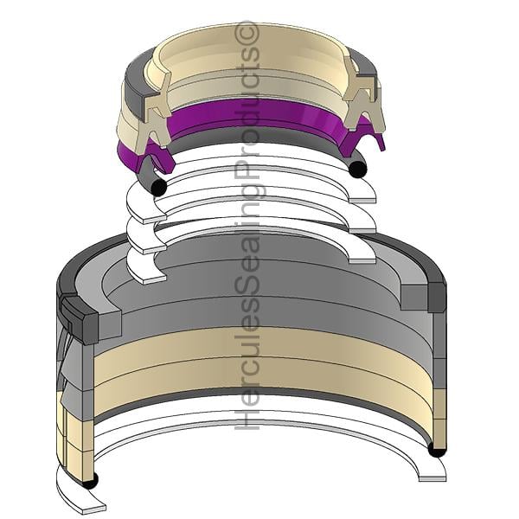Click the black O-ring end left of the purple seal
158,188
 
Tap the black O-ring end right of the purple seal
358,169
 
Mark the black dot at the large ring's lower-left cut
90,481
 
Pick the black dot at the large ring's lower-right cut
437,450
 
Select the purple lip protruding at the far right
381,142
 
